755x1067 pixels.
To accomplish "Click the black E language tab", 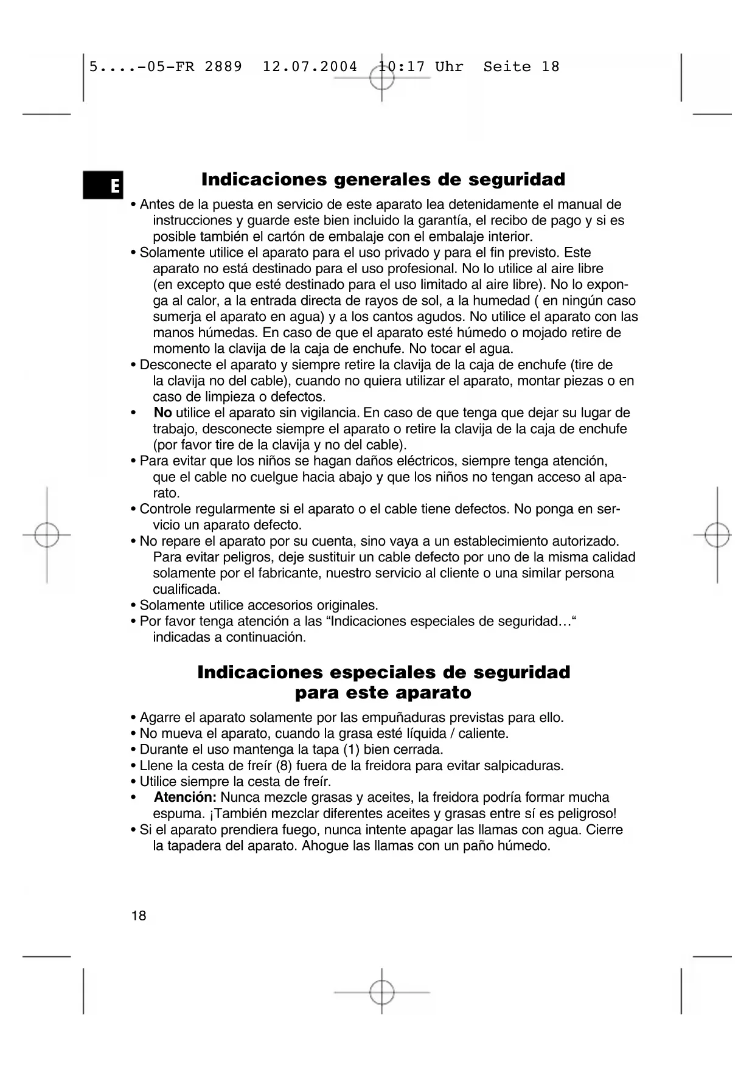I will point(103,186).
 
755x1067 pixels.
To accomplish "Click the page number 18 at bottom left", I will point(139,916).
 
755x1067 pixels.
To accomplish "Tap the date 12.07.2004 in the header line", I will point(310,67).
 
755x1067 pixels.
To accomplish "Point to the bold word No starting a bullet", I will point(162,413).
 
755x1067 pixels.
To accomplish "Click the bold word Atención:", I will point(185,798).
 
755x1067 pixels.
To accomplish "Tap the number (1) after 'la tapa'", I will point(351,749).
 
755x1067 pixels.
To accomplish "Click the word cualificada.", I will point(186,589).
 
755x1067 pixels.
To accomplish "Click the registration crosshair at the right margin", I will point(717,535).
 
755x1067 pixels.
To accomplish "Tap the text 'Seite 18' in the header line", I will point(521,67).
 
